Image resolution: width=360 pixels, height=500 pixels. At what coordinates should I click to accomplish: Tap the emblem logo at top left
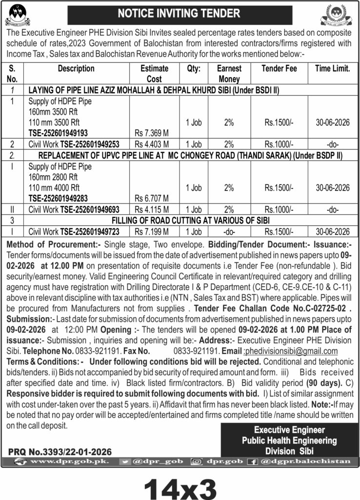pyautogui.click(x=18, y=15)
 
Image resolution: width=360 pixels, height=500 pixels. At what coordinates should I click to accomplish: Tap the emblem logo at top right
pyautogui.click(x=337, y=15)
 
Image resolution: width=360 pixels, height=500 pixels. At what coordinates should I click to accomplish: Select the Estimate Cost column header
pyautogui.click(x=154, y=73)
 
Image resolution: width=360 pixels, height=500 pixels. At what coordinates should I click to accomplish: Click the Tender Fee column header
pyautogui.click(x=279, y=69)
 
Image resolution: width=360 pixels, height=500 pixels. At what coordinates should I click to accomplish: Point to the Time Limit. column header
pyautogui.click(x=332, y=69)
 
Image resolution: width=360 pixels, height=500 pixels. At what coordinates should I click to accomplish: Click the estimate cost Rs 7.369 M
pyautogui.click(x=151, y=132)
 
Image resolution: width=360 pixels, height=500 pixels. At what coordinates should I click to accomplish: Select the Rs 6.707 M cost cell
pyautogui.click(x=151, y=198)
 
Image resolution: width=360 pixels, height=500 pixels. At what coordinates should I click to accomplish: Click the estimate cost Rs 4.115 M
pyautogui.click(x=151, y=209)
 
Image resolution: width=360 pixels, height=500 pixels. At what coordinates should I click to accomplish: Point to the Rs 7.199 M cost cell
pyautogui.click(x=151, y=231)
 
